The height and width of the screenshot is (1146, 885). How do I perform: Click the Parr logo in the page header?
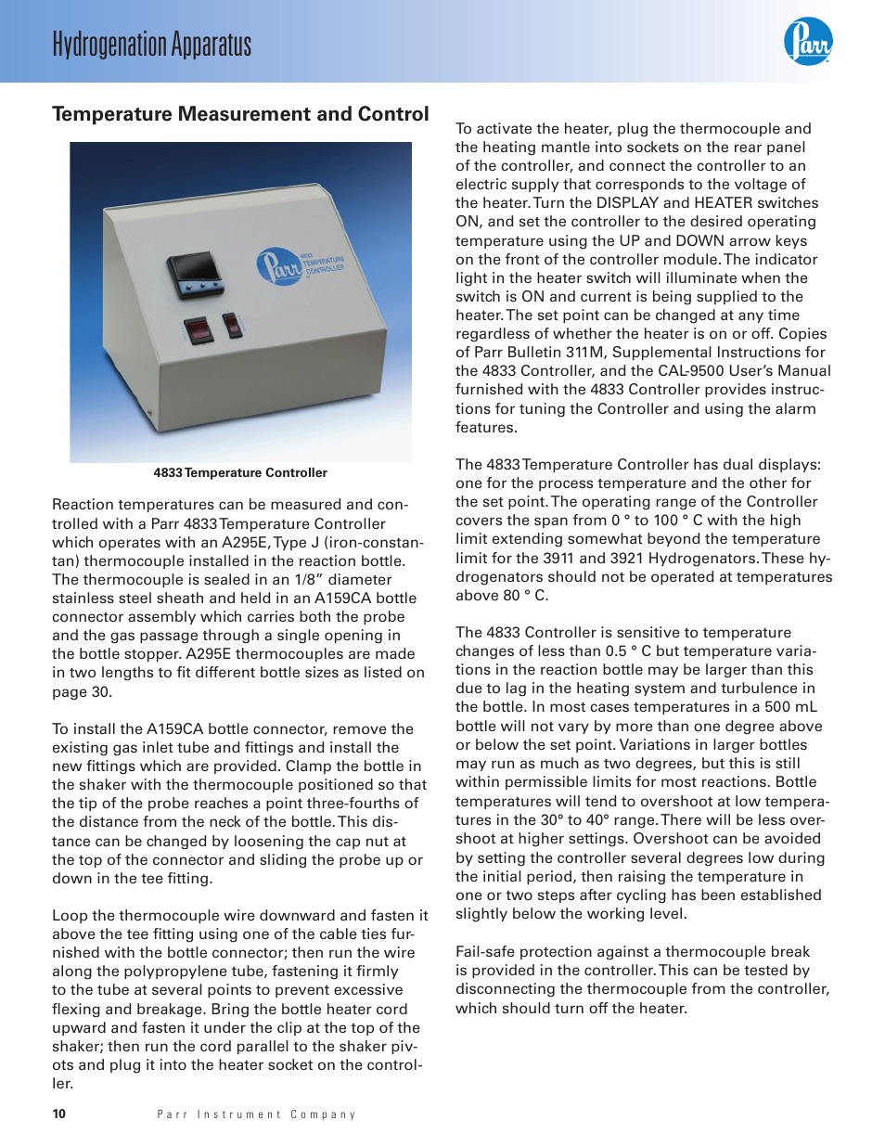coord(807,42)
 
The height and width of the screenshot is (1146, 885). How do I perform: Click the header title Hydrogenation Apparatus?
coord(151,44)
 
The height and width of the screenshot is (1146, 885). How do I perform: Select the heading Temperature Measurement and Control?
coord(240,114)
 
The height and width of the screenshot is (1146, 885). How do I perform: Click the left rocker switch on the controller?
coord(197,328)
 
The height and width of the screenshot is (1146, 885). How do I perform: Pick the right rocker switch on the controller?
coord(232,325)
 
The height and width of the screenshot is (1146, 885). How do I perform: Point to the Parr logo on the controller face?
coord(278,266)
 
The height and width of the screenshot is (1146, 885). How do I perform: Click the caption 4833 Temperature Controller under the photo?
coord(240,472)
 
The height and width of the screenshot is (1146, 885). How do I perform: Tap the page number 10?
coord(59,1114)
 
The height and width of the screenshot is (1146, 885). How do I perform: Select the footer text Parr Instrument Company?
coord(256,1114)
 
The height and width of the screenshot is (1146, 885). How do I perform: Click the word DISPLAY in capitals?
coord(627,203)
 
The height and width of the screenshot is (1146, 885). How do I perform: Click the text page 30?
coord(82,691)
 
